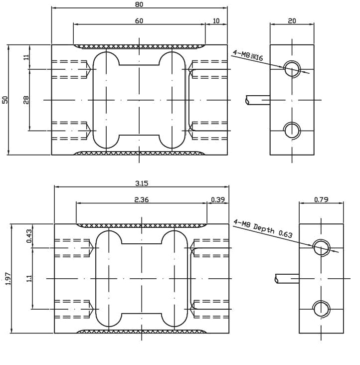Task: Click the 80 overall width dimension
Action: point(139,4)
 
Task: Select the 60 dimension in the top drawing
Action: point(139,20)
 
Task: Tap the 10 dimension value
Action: point(216,20)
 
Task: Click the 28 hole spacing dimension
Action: point(26,100)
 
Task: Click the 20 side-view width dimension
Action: point(292,20)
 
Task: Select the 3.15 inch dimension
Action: point(142,183)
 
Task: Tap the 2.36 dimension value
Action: point(142,199)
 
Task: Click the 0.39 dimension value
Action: point(218,199)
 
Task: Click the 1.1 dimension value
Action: point(28,278)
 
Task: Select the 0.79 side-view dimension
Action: point(321,199)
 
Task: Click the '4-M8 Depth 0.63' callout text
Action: point(263,230)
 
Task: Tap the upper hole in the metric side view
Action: point(292,69)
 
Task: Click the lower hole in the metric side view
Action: point(292,130)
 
